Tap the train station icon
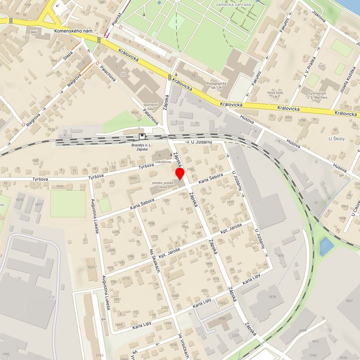tap(142, 136)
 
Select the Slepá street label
tap(68, 54)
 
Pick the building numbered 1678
tap(272, 297)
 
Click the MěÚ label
tap(34, 31)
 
